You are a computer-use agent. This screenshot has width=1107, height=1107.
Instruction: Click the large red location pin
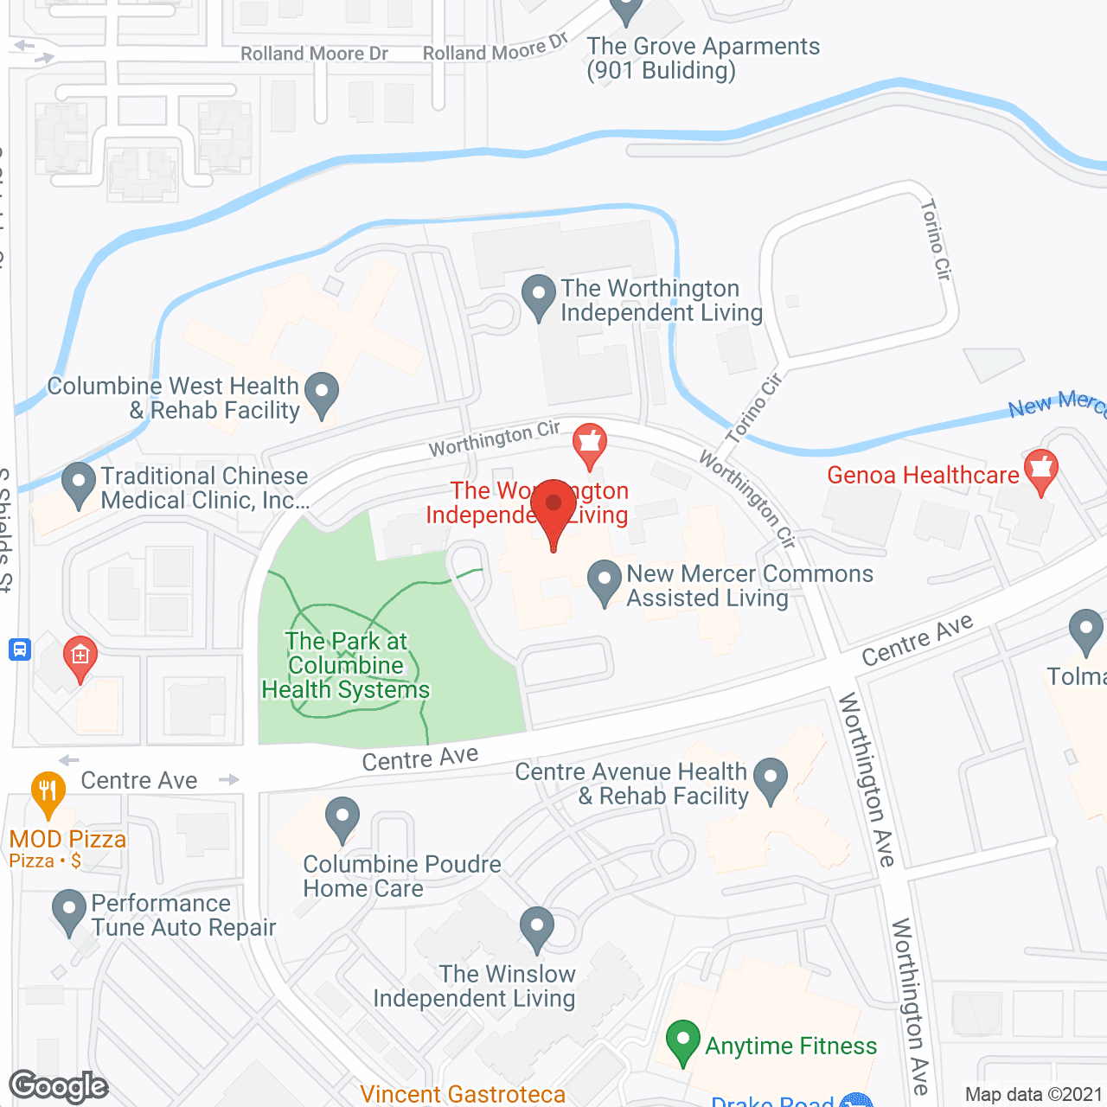click(x=553, y=510)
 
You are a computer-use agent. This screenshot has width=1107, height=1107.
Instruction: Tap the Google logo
click(x=58, y=1086)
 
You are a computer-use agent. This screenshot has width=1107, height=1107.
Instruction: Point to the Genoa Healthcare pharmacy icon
click(x=1041, y=470)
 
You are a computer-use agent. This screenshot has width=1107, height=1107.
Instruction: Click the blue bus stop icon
click(x=19, y=649)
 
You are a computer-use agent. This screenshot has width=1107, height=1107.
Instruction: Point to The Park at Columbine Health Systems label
click(x=346, y=665)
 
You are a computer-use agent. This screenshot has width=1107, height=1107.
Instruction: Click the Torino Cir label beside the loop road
click(x=935, y=240)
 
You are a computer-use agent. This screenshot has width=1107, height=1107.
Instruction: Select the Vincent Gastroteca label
click(x=463, y=1094)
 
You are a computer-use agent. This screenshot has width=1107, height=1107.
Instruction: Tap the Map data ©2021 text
click(x=1033, y=1094)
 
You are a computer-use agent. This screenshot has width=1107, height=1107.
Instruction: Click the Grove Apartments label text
click(x=702, y=58)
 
